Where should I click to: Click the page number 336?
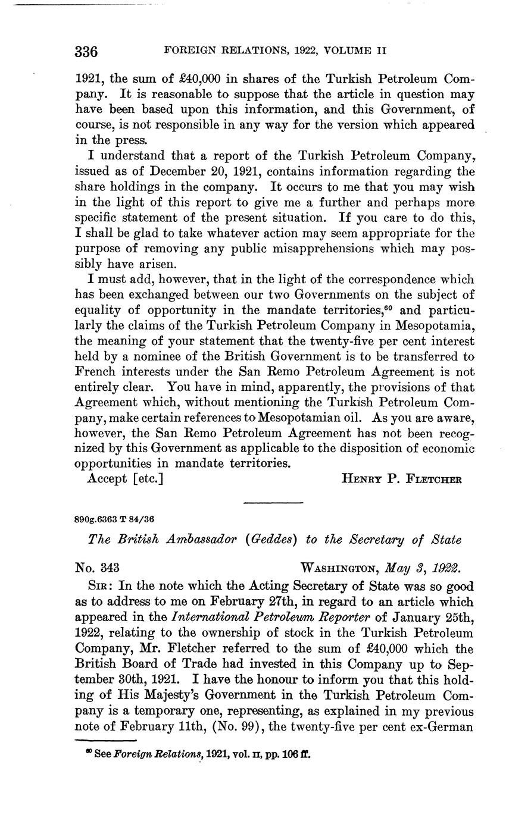coord(86,51)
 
